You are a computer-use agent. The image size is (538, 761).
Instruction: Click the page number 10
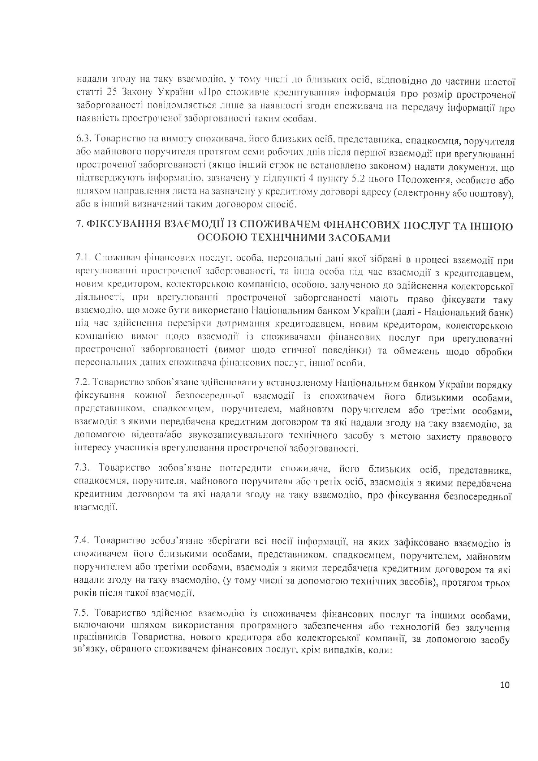click(x=505, y=685)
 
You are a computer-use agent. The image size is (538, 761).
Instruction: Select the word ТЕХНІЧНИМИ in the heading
click(x=297, y=238)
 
